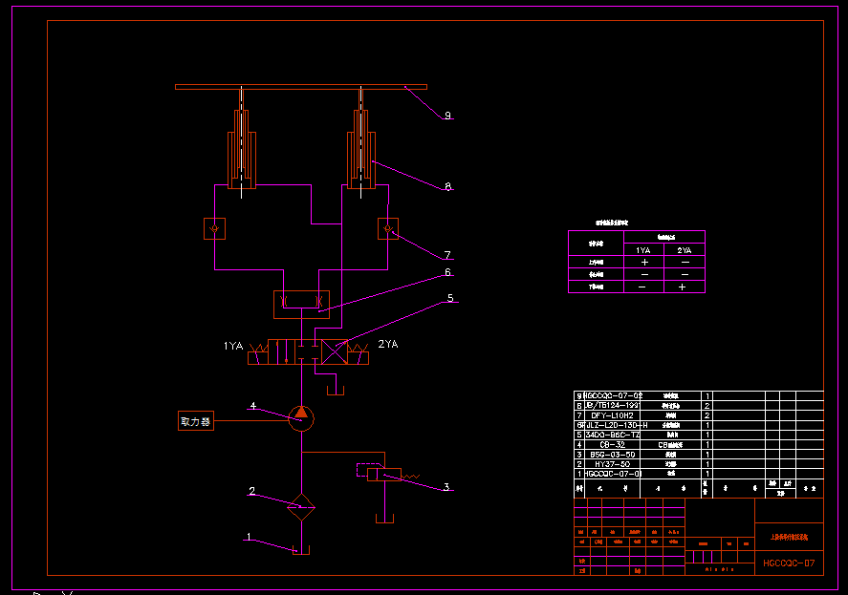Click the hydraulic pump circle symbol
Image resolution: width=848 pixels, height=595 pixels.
301,417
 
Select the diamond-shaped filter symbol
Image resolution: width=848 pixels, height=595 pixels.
302,506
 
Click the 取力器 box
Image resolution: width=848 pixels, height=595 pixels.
196,421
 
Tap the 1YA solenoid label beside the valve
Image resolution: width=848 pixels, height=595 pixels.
233,345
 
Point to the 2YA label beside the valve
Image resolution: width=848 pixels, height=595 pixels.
388,344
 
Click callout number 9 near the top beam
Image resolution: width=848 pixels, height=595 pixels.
446,116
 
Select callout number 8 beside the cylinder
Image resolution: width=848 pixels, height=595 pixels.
447,187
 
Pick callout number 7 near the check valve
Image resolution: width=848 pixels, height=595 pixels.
446,255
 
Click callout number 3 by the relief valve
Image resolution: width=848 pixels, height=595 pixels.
446,487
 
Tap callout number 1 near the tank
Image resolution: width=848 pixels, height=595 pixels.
249,538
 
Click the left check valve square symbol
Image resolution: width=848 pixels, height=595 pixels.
215,229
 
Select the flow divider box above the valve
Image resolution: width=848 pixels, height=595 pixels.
301,304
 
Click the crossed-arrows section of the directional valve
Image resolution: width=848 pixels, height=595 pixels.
336,351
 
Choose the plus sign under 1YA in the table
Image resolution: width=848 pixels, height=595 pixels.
644,261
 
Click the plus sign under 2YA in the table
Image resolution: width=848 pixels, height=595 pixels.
684,287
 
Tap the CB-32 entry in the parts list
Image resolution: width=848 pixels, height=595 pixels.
612,444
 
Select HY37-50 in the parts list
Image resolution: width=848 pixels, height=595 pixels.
612,464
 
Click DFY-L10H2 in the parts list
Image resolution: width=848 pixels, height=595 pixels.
612,415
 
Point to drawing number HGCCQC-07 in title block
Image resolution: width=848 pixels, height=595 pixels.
789,563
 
